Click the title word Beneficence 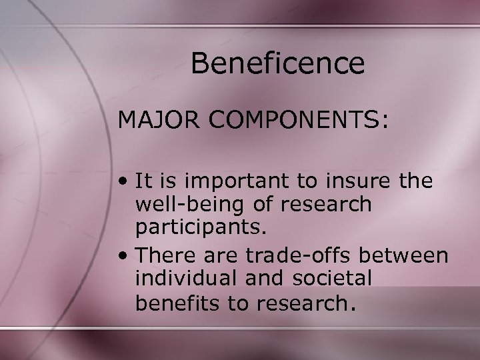point(277,64)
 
